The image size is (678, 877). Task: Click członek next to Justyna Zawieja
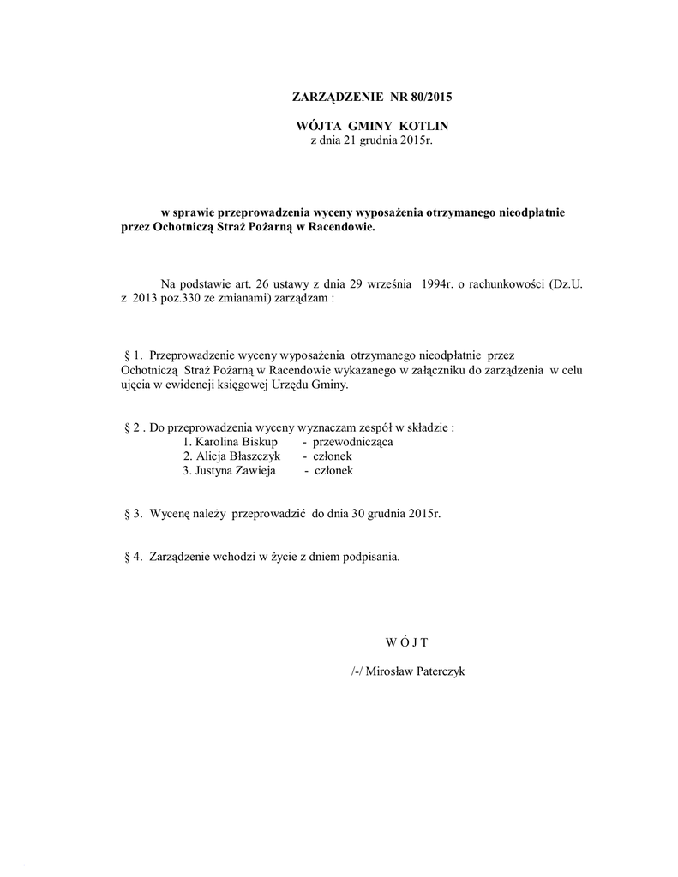coord(334,471)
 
